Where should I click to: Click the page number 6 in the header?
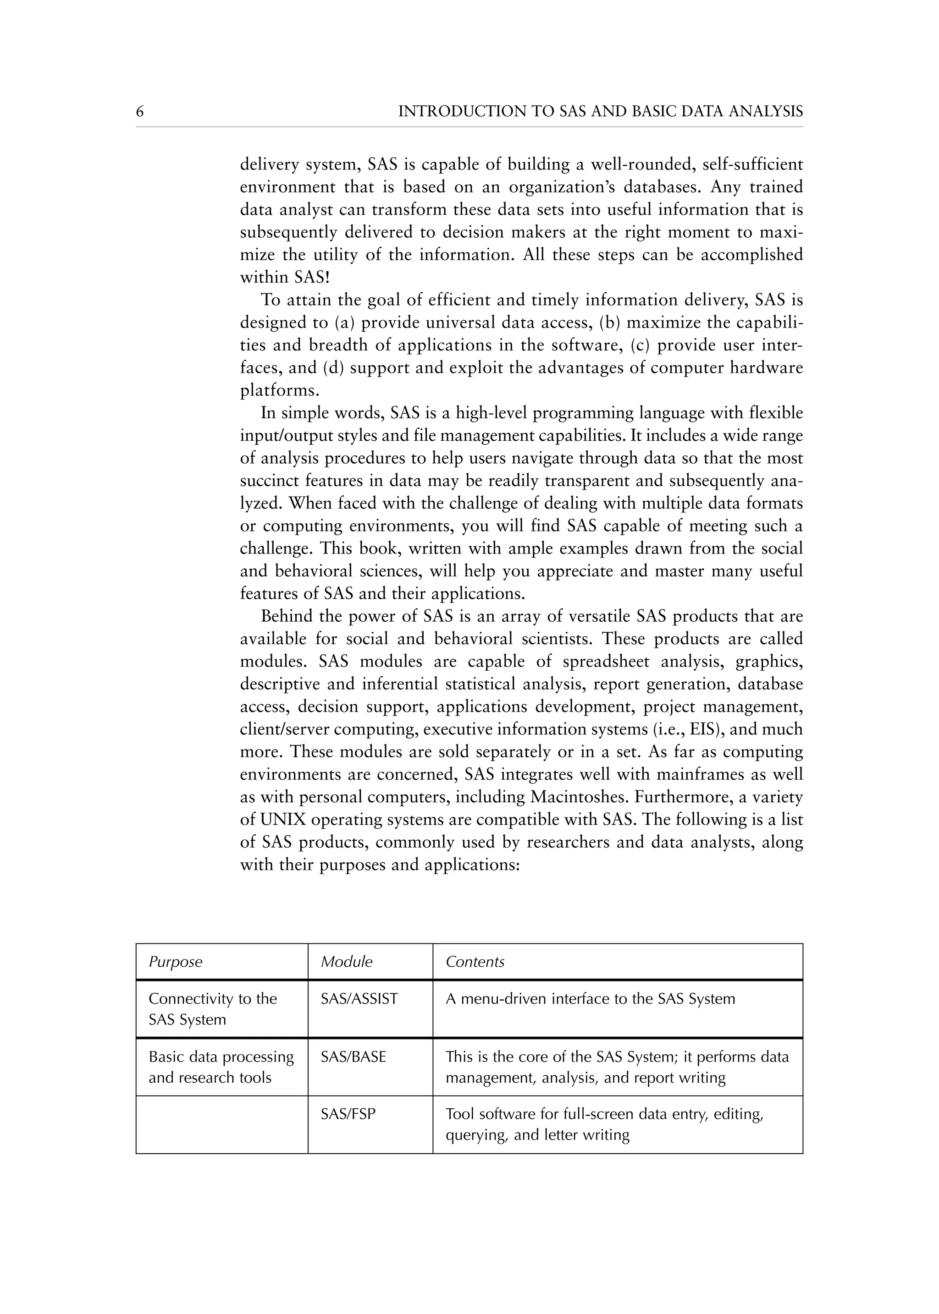[139, 111]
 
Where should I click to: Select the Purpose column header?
[175, 962]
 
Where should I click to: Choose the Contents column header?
[475, 962]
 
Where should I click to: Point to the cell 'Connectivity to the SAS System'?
[212, 1009]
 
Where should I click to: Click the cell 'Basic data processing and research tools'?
[221, 1067]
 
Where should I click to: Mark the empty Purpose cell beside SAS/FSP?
[221, 1124]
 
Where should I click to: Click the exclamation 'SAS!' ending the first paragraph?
[312, 277]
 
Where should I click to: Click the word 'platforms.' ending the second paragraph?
[280, 391]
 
